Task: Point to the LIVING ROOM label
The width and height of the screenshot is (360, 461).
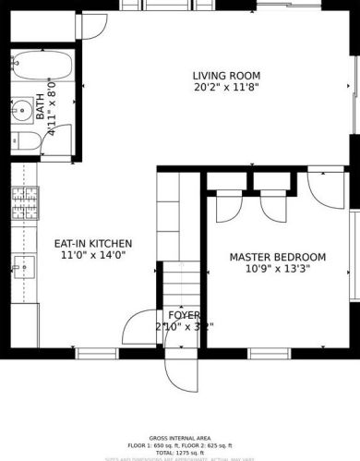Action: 226,76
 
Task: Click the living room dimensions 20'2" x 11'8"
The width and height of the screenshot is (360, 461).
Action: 226,89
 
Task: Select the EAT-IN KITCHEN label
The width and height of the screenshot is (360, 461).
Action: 92,244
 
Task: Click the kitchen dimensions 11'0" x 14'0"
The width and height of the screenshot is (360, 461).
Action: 92,256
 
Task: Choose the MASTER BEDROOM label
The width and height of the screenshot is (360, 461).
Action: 277,257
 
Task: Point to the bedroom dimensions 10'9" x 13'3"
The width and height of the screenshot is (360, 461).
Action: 277,270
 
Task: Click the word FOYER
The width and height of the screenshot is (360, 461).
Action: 184,314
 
